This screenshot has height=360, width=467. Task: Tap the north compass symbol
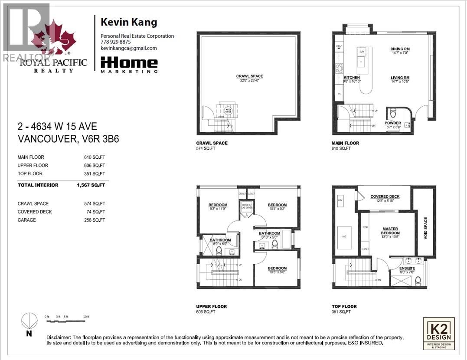[29, 321]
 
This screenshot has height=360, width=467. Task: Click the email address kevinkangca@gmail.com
[128, 49]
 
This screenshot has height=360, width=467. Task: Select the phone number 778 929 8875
[115, 42]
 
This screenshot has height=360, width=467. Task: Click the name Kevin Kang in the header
[129, 22]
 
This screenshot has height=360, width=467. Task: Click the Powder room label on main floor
[393, 123]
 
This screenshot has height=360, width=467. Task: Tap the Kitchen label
[352, 78]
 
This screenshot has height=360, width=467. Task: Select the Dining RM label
[400, 49]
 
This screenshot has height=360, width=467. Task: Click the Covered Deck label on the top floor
[385, 196]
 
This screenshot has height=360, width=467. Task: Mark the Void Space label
[425, 229]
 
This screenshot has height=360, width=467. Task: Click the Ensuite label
[407, 268]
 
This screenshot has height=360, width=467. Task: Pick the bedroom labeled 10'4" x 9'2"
[277, 205]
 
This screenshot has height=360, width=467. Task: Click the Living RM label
[400, 78]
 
